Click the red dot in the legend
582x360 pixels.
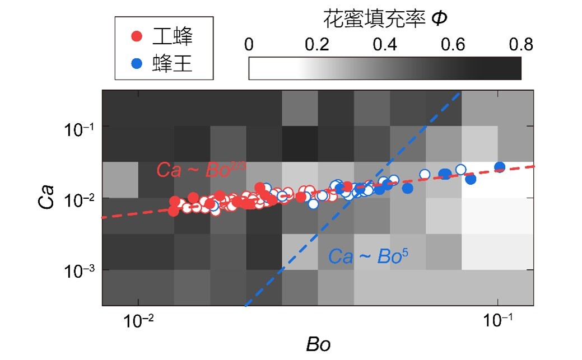(136, 38)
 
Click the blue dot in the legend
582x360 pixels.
(136, 64)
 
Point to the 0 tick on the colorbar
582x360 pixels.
(249, 45)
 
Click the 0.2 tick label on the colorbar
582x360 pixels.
(318, 45)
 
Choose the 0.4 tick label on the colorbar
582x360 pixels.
(385, 45)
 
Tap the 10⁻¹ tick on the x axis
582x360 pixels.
(497, 321)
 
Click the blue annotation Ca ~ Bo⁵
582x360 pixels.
(368, 256)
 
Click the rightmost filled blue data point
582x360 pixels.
(500, 167)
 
